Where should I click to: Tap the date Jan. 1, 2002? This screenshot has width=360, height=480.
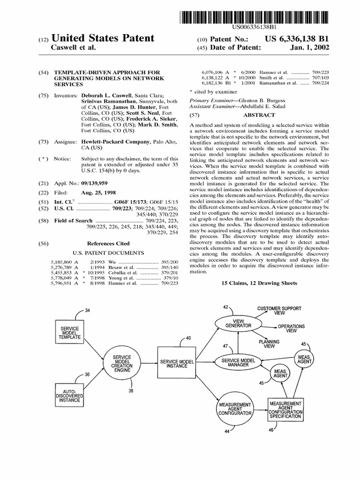[310, 48]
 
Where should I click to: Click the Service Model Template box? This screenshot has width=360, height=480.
[69, 331]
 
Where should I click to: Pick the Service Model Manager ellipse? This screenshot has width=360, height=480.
[238, 361]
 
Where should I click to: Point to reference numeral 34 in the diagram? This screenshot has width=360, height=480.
[88, 311]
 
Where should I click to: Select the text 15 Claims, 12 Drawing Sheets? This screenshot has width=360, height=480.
[259, 283]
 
